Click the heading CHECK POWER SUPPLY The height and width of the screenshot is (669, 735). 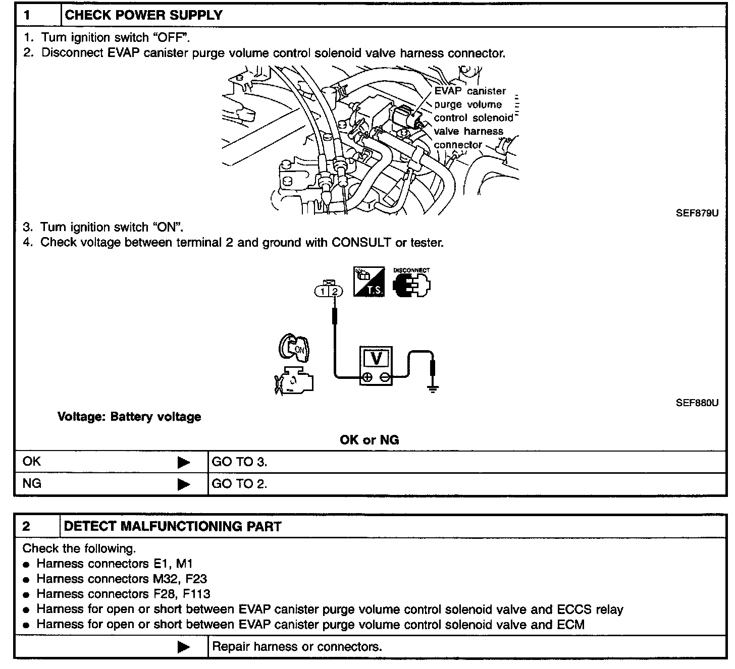pos(144,15)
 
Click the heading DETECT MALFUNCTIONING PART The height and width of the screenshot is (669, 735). pos(173,527)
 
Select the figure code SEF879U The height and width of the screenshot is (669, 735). pos(697,213)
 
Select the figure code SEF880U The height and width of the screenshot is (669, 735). pos(697,403)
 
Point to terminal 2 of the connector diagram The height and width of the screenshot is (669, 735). pos(335,291)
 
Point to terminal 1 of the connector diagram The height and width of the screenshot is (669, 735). pos(323,291)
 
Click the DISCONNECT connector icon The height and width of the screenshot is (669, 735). pos(411,283)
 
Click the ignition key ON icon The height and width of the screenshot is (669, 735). pos(295,348)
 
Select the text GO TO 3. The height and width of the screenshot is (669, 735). pos(239,462)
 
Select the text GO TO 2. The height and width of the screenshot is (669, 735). pos(239,484)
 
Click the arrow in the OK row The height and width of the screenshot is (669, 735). pos(184,462)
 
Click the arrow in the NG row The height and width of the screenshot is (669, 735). pos(184,484)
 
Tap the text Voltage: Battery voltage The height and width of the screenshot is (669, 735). pos(129,417)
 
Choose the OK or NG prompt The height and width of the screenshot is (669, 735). pos(370,440)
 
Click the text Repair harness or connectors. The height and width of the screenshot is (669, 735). pos(297,647)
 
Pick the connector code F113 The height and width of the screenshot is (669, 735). pos(197,594)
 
